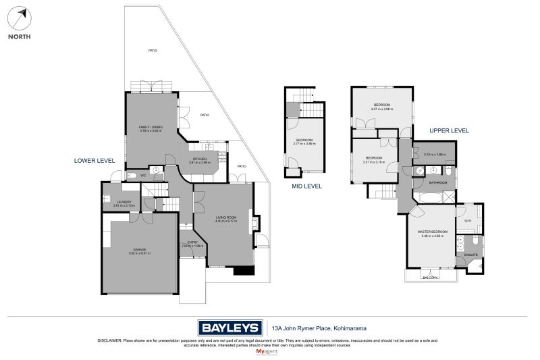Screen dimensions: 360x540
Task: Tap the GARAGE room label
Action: click(140, 251)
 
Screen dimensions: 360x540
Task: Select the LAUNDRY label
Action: click(124, 202)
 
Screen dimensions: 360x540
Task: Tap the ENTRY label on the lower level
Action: click(192, 243)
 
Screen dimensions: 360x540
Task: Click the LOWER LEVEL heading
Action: click(94, 161)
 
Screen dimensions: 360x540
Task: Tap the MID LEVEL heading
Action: click(306, 186)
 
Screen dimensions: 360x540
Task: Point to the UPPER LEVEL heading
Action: click(449, 130)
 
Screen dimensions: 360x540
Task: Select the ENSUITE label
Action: click(470, 255)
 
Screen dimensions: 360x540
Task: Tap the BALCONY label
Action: click(430, 277)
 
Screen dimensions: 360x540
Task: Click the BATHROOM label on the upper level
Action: click(438, 182)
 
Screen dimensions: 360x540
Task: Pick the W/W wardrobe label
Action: click(467, 220)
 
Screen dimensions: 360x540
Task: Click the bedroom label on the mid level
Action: click(304, 140)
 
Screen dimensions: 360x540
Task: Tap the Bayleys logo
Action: click(230, 328)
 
